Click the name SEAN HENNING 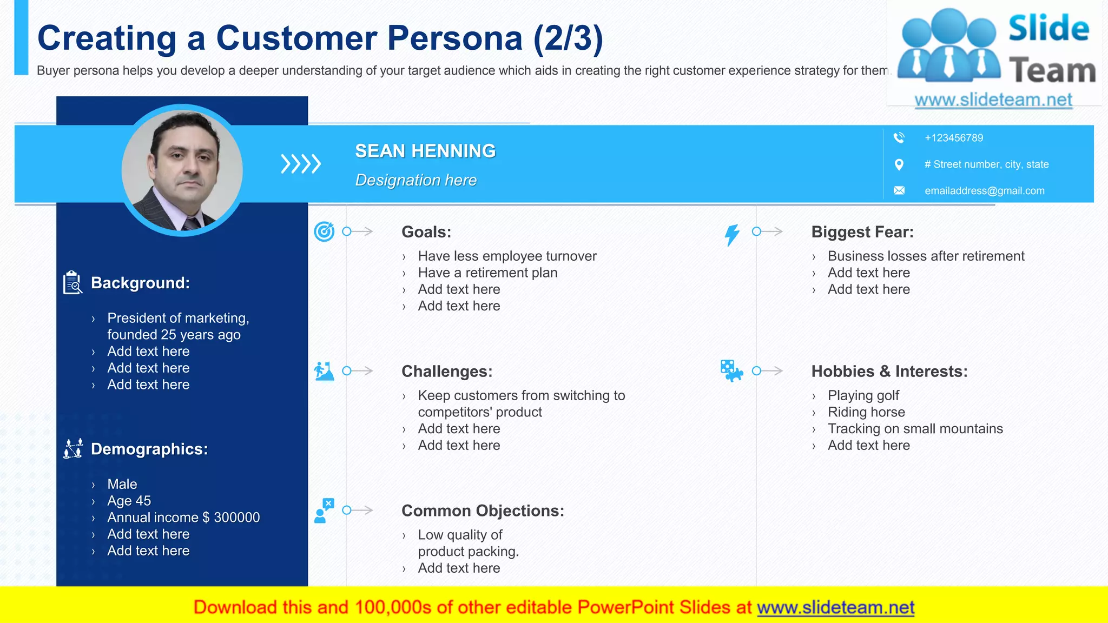(425, 151)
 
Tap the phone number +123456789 (954, 138)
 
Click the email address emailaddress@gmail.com (984, 191)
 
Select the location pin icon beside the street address (899, 164)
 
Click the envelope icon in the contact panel (899, 190)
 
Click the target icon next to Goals (324, 232)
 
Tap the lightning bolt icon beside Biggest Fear (732, 235)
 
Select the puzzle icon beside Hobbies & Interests (731, 371)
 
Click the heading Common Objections (483, 511)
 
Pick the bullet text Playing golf (863, 395)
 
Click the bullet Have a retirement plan (487, 273)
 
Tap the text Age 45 (129, 501)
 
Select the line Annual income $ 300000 (183, 518)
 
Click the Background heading (140, 283)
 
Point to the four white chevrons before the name (301, 164)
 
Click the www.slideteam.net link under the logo (993, 100)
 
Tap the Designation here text (415, 180)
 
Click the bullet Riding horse (866, 412)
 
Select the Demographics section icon (73, 448)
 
